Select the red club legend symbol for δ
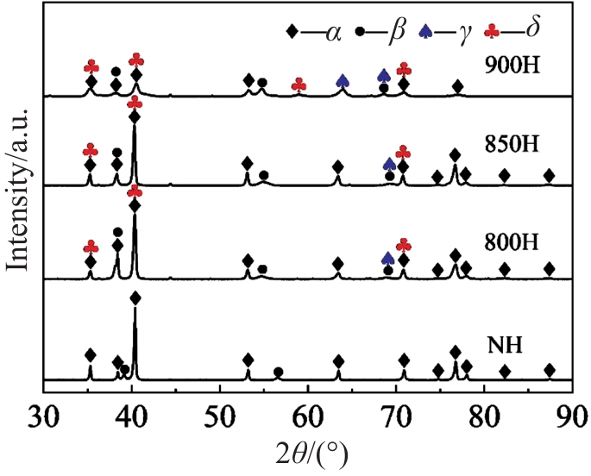pos(493,32)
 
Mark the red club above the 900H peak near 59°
pos(299,85)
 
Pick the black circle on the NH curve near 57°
pos(278,373)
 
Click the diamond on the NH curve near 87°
pos(549,370)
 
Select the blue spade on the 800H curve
pos(388,258)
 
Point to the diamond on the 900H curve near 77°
pos(458,86)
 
